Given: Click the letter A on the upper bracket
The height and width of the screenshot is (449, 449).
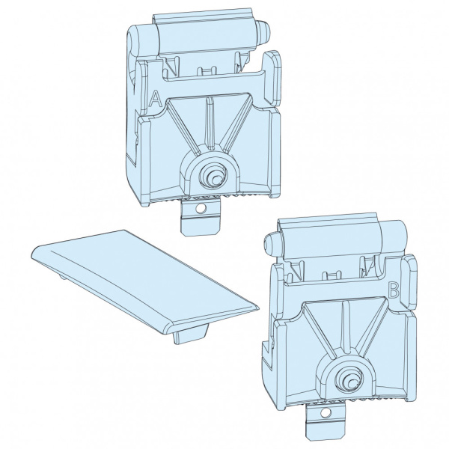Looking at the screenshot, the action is tap(156, 99).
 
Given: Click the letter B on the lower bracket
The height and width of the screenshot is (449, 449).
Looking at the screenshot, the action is tap(394, 290).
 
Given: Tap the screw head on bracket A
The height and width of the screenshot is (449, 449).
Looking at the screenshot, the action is tap(213, 175).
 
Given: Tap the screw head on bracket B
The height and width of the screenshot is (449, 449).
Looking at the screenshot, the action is tap(349, 379).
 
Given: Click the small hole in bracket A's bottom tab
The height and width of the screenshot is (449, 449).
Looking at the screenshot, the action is tap(201, 209).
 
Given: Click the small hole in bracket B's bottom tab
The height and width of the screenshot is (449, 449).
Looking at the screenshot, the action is tap(325, 412).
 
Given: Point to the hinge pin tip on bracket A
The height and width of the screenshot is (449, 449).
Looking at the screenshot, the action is tap(263, 31).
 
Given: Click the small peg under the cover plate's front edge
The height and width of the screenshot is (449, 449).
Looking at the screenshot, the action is tap(190, 335).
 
